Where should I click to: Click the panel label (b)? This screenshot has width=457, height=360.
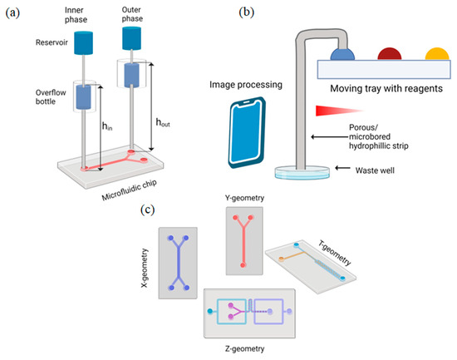click(x=248, y=12)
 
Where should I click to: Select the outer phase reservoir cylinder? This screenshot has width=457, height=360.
click(x=133, y=37)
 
